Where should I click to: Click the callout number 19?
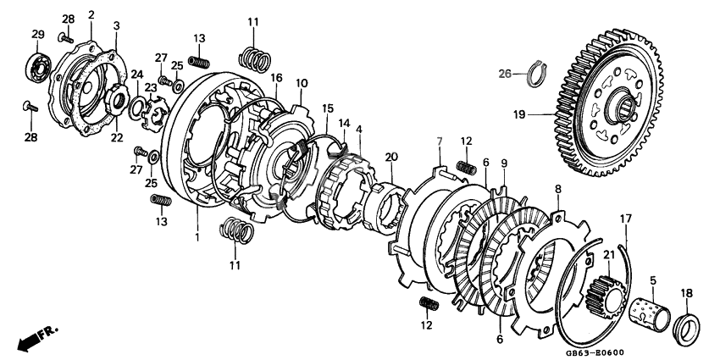click(x=519, y=114)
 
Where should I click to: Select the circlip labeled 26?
click(x=537, y=74)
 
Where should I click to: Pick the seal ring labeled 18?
click(x=686, y=329)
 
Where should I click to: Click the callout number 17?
click(x=626, y=219)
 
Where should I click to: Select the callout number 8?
click(x=558, y=188)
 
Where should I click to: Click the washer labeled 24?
click(x=136, y=107)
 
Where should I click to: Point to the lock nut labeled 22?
click(x=117, y=100)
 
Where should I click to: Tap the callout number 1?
click(x=197, y=238)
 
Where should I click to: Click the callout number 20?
click(x=391, y=157)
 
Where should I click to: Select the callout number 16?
click(x=276, y=77)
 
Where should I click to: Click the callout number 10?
click(x=302, y=83)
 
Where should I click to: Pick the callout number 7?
click(x=440, y=141)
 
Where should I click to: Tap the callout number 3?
click(x=117, y=25)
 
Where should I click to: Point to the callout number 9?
click(x=504, y=162)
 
